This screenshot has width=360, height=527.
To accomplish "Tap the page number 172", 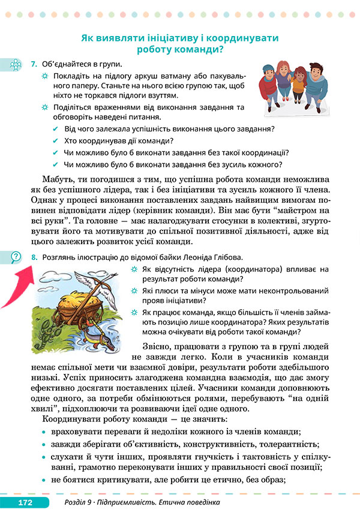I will (x=25, y=502).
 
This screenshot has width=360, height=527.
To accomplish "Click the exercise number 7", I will (x=34, y=64).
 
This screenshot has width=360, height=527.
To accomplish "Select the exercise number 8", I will (x=34, y=257).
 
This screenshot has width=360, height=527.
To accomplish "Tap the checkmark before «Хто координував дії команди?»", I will (x=56, y=141).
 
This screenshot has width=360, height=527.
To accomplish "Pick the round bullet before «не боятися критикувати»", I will (x=44, y=480).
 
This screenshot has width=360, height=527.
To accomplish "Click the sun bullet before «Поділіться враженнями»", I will (x=44, y=107).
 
